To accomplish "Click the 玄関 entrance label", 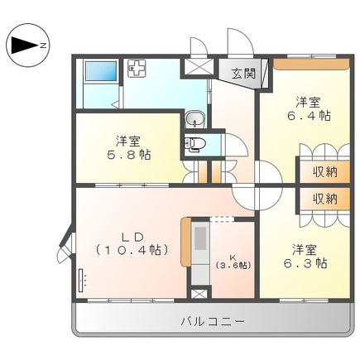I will (x=242, y=72).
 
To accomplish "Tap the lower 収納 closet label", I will (x=324, y=199).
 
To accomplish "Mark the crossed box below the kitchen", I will (x=199, y=291).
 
